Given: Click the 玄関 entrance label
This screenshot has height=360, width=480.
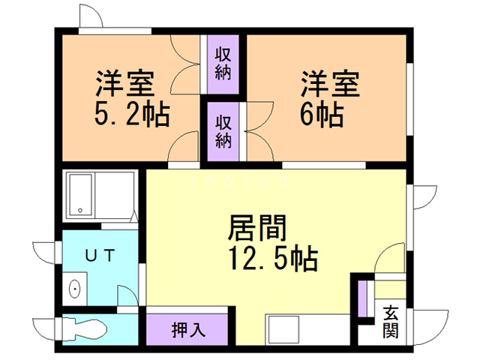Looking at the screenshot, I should (x=391, y=320).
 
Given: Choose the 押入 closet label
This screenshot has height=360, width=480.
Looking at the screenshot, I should (x=187, y=328).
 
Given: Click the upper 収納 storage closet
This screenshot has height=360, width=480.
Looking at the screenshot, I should (x=223, y=64).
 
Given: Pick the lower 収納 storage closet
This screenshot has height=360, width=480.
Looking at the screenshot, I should (x=223, y=130).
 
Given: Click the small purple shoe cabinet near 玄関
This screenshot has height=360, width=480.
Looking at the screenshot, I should (x=364, y=297).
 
